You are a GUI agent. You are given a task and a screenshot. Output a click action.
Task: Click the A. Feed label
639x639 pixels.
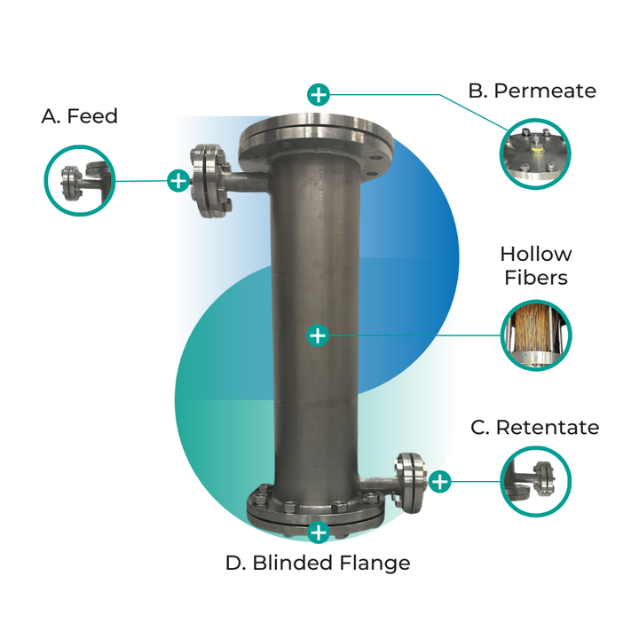(x=79, y=116)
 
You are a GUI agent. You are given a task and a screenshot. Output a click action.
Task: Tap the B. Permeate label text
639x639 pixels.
(x=532, y=91)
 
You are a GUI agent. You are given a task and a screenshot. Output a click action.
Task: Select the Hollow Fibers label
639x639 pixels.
(x=535, y=266)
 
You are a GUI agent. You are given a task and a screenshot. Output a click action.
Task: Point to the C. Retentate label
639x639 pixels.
(x=534, y=428)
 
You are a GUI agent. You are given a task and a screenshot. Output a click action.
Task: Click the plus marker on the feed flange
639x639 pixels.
(x=178, y=181)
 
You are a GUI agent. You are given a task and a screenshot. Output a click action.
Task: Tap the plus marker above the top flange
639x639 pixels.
(x=318, y=94)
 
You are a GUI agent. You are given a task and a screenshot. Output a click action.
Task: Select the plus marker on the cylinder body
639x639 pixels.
(x=318, y=335)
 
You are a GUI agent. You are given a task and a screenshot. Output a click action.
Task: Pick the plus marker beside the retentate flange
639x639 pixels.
(x=440, y=482)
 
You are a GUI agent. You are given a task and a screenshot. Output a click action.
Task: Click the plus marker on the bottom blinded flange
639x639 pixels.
(x=318, y=532)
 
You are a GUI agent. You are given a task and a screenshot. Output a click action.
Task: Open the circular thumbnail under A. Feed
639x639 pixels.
(x=80, y=181)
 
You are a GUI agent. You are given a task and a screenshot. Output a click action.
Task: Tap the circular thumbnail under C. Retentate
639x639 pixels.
(x=535, y=482)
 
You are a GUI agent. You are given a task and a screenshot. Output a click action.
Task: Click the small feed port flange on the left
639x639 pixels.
(x=209, y=180)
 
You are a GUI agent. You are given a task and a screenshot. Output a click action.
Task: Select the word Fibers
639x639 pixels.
(x=535, y=278)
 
